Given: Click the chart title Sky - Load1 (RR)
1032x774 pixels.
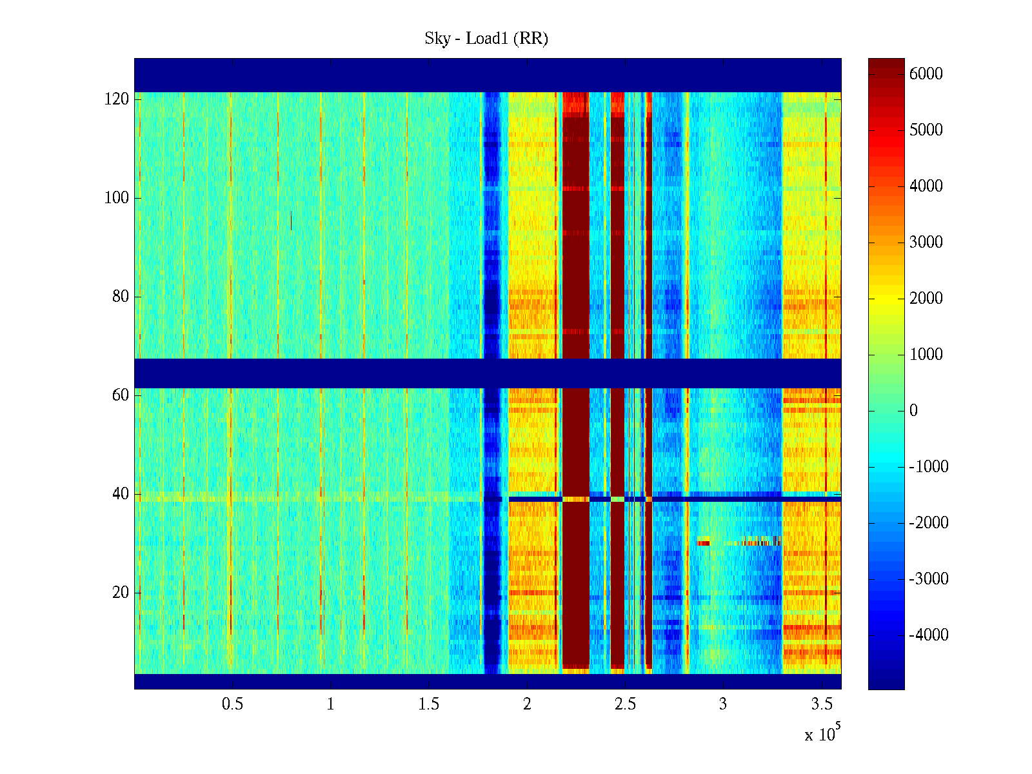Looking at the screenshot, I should (486, 39).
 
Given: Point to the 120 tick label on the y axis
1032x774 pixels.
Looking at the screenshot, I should (117, 99).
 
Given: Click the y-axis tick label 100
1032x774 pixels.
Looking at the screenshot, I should (117, 198).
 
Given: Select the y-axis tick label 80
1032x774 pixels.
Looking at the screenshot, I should (121, 297).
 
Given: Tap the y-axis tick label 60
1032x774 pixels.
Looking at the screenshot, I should (121, 395).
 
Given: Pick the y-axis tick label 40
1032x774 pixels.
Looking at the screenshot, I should (121, 494).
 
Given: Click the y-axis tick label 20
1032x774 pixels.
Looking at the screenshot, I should (121, 593).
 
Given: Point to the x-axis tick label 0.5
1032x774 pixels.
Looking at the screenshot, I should (232, 704).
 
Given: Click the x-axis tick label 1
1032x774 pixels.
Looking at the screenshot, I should (330, 704).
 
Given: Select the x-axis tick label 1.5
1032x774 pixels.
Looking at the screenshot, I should (429, 704).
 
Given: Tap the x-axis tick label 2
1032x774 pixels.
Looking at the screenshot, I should (527, 704).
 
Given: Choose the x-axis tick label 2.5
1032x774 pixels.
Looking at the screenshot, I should (625, 704).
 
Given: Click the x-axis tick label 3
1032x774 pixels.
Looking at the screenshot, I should (723, 704).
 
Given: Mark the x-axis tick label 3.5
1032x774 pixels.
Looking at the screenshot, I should (822, 704).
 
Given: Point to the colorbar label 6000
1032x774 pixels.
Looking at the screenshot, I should (926, 74).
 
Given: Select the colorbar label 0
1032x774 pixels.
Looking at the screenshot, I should (913, 411).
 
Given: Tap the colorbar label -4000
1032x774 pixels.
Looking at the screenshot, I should (929, 635).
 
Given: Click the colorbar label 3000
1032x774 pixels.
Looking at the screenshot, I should (926, 243).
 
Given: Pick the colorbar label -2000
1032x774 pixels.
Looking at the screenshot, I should (929, 523).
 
